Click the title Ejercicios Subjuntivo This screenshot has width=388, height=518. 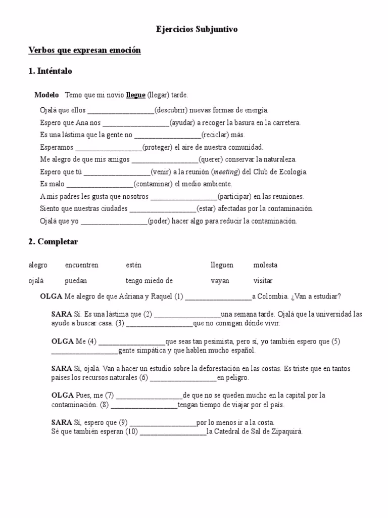(x=196, y=30)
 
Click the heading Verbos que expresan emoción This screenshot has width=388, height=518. (x=84, y=51)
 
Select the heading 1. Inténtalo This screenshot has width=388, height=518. (x=50, y=71)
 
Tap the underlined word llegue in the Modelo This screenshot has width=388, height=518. (x=136, y=95)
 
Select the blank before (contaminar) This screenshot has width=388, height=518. (x=100, y=185)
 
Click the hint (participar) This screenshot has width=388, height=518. (x=234, y=197)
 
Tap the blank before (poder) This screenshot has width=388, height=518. (x=114, y=222)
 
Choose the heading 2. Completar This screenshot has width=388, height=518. (x=53, y=242)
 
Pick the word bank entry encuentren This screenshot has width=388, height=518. (x=82, y=266)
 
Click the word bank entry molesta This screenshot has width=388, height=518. (x=265, y=266)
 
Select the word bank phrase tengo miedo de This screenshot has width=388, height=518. (x=150, y=281)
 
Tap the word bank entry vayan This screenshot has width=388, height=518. (x=220, y=281)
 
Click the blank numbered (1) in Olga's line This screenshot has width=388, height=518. (x=218, y=297)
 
